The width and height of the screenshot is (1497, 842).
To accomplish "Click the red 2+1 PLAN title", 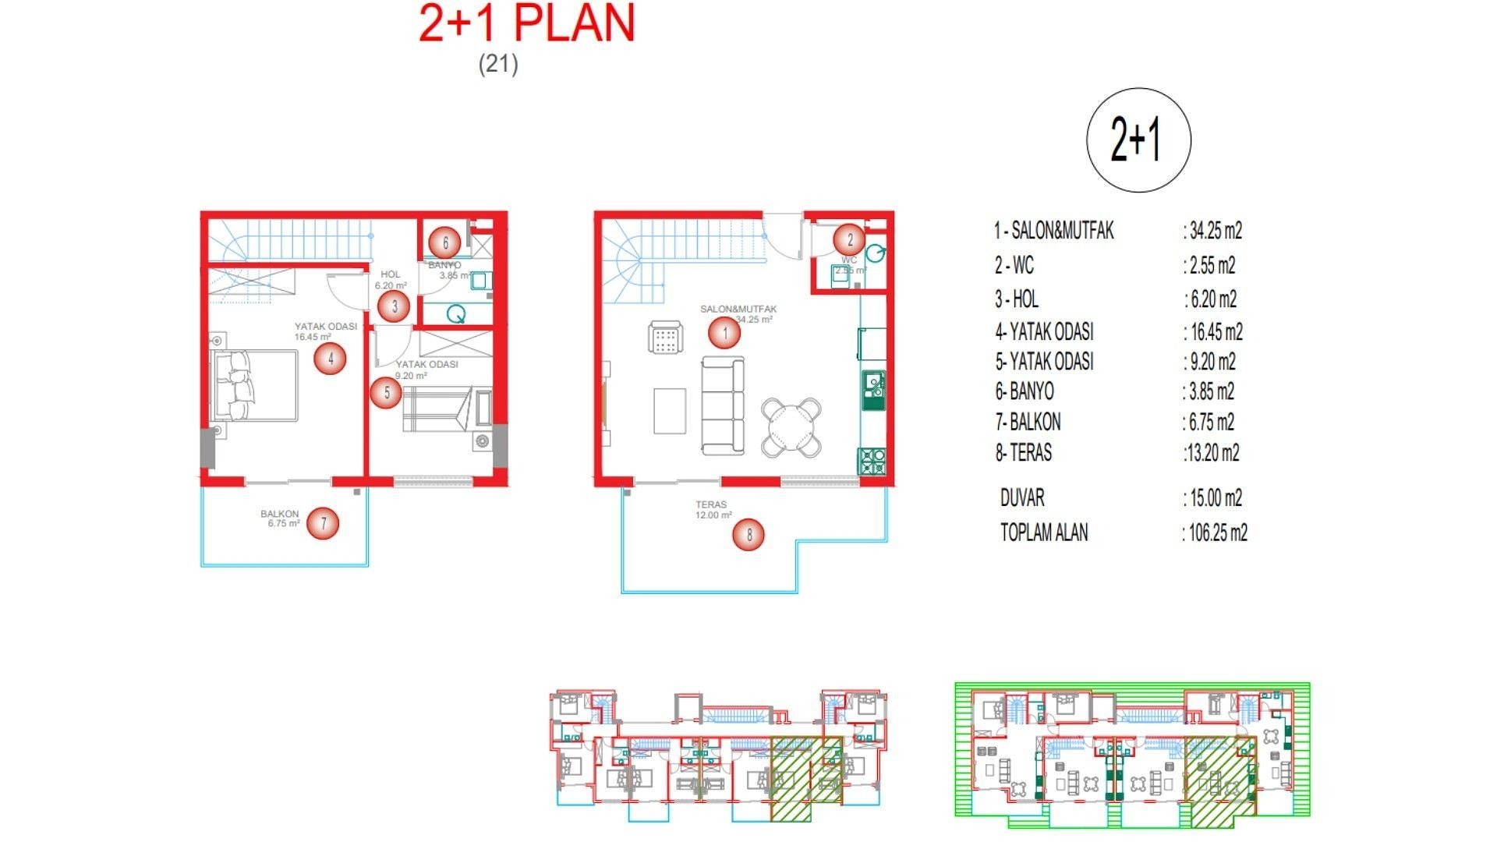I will (x=527, y=23).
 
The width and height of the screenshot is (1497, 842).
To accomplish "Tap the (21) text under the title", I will (x=498, y=63).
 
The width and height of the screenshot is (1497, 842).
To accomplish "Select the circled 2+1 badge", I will (x=1138, y=140).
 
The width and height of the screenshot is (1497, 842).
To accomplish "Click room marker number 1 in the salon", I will (x=725, y=334).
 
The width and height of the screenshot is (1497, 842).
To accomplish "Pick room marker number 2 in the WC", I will (x=850, y=240).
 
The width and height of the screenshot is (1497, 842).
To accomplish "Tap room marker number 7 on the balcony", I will (x=324, y=523).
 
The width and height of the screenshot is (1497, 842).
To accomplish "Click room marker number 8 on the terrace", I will (x=748, y=535).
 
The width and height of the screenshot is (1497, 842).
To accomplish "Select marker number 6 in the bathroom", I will (x=445, y=242).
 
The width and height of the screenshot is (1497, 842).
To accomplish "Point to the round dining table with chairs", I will (x=791, y=426).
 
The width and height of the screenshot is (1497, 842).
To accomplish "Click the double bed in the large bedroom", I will (x=255, y=386).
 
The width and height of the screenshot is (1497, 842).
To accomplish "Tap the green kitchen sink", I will (x=872, y=390).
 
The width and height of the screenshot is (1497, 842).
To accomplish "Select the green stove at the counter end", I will (x=872, y=462).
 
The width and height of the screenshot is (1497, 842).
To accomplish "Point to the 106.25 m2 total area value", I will (x=1217, y=533).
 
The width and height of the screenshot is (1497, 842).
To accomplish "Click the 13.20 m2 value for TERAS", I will (x=1213, y=453).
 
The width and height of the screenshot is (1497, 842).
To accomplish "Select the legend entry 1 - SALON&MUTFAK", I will (x=1053, y=231).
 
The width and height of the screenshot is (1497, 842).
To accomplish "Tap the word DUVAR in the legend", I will (x=1022, y=497).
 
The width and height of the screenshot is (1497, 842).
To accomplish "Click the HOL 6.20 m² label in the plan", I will (x=391, y=280).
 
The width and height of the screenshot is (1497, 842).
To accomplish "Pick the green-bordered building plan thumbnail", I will (x=1132, y=750).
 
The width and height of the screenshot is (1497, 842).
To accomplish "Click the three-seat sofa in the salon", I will (x=722, y=405).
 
